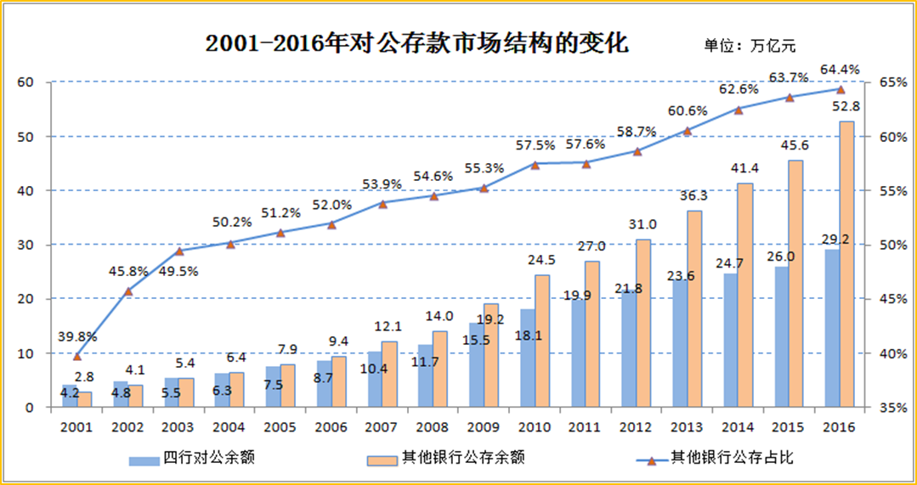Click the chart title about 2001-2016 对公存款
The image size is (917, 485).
coord(416,43)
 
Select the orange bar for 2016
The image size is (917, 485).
coord(846,264)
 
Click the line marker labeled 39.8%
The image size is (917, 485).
coord(77,356)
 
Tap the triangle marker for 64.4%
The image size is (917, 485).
coord(841,89)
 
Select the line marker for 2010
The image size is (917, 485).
coord(535,165)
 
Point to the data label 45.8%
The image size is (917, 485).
coord(129,272)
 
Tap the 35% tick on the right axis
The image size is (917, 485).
coord(887,408)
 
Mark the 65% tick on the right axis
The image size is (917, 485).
coord(887,82)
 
